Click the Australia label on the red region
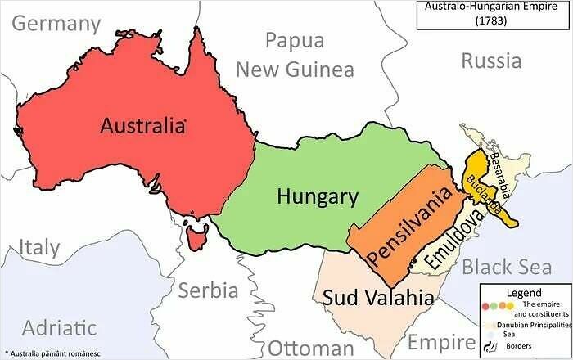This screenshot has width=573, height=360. click(142, 126)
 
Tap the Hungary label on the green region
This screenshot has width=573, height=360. click(317, 196)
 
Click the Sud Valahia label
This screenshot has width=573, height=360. click(377, 298)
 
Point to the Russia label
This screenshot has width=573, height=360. click(490, 61)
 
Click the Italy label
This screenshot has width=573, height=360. click(40, 247)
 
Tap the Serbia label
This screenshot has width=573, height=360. click(208, 290)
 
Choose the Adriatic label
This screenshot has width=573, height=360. click(59, 328)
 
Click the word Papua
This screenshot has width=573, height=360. click(295, 41)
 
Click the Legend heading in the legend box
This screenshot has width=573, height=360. click(524, 293)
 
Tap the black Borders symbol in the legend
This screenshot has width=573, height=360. click(490, 346)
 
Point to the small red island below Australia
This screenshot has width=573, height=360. click(195, 239)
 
